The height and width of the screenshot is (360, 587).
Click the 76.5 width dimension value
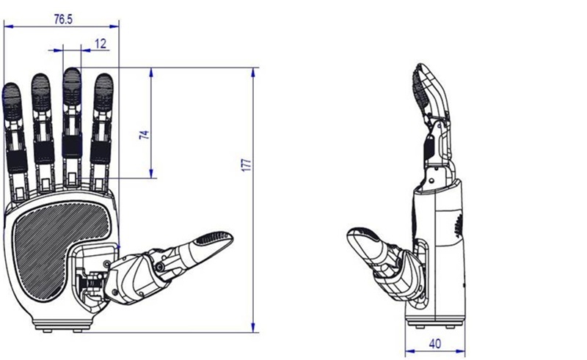point(63,19)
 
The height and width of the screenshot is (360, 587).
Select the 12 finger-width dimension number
point(101,44)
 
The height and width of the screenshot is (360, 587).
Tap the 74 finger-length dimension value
point(144,135)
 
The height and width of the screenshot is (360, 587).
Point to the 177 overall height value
point(246,165)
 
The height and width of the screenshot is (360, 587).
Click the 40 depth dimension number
point(434,344)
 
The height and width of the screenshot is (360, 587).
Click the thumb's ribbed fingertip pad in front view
point(214,238)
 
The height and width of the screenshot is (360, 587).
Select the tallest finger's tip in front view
point(71,70)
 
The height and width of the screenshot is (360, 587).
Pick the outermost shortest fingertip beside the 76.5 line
point(11,85)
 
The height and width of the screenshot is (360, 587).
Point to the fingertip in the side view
point(421,66)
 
